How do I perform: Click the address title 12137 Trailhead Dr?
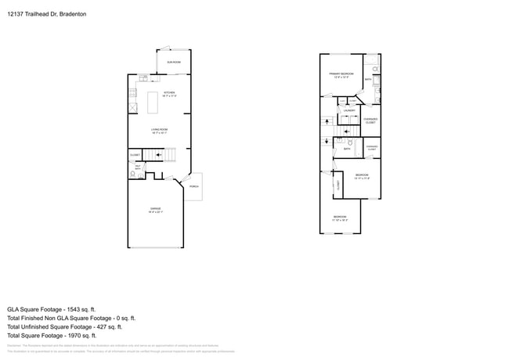point(46,14)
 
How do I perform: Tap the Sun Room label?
point(173,62)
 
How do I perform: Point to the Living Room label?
point(160,131)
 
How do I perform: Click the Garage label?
point(156,209)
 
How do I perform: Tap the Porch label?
point(193,186)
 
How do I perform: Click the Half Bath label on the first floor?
point(138,167)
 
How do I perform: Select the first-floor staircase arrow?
point(164,157)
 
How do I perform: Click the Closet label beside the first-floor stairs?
point(135,156)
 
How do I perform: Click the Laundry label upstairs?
point(348,110)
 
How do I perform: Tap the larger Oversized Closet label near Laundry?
point(370,121)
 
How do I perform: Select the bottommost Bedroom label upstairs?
point(339,217)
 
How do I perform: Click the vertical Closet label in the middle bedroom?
point(338,185)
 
